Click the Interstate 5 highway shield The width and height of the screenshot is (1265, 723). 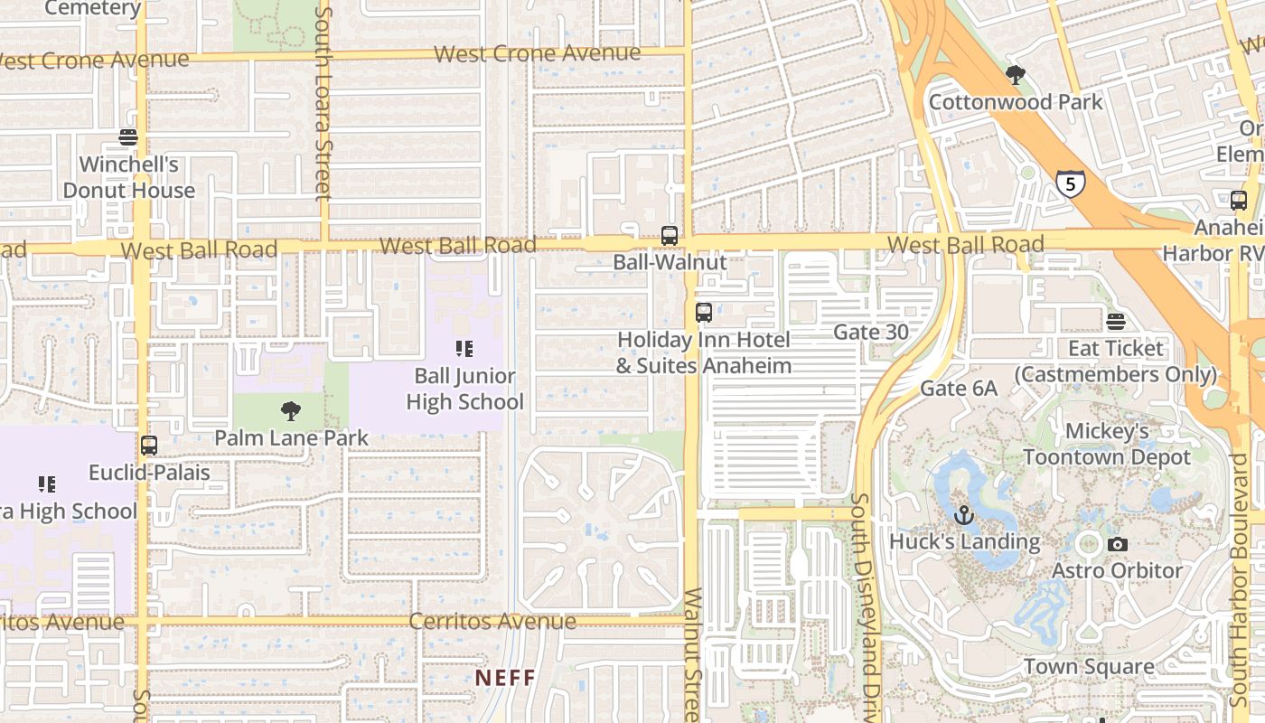click(x=1070, y=184)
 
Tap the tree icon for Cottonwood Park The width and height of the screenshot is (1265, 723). click(x=1016, y=75)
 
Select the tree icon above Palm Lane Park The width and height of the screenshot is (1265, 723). click(x=291, y=411)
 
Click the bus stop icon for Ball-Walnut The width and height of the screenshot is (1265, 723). click(x=670, y=236)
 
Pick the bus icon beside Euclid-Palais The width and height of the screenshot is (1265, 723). click(x=149, y=446)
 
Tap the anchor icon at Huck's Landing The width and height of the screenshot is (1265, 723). click(x=964, y=516)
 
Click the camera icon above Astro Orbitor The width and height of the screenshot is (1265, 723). click(x=1118, y=544)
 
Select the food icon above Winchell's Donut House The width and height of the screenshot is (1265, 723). click(x=128, y=137)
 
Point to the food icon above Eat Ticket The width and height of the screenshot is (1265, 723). click(x=1116, y=322)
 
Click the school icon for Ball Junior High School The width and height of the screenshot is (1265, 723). click(x=464, y=349)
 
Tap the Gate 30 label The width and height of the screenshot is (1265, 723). click(x=871, y=332)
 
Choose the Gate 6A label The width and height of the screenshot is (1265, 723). click(x=959, y=388)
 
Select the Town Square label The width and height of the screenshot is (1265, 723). click(x=1089, y=667)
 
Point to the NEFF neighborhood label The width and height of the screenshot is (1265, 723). click(x=506, y=677)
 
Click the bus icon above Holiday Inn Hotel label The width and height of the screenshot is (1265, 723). click(x=704, y=313)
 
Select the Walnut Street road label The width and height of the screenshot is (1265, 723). click(x=693, y=655)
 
